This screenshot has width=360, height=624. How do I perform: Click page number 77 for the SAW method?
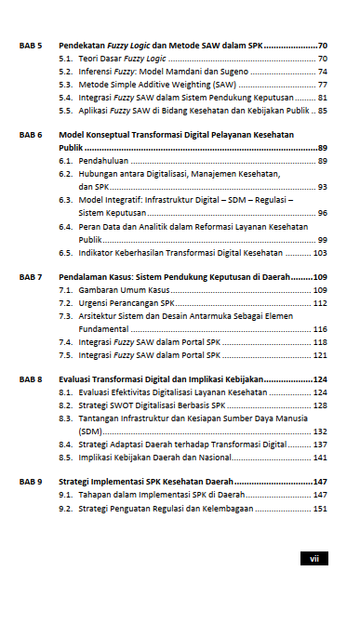(x=322, y=84)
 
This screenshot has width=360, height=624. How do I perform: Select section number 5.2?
(x=65, y=71)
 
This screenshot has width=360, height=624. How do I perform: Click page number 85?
(x=322, y=110)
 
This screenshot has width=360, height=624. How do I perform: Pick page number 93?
(x=322, y=187)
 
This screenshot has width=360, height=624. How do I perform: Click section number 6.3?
(x=65, y=200)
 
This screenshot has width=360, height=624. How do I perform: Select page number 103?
(x=320, y=252)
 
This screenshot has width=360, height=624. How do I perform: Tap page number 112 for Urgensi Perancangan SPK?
(x=320, y=303)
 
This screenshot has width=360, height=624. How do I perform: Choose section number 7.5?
(x=65, y=354)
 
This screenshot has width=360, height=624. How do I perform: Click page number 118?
(x=320, y=342)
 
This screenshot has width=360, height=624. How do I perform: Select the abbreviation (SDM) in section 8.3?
(x=90, y=431)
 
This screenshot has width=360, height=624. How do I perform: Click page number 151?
(x=320, y=509)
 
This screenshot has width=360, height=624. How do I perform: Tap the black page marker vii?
(x=313, y=559)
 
